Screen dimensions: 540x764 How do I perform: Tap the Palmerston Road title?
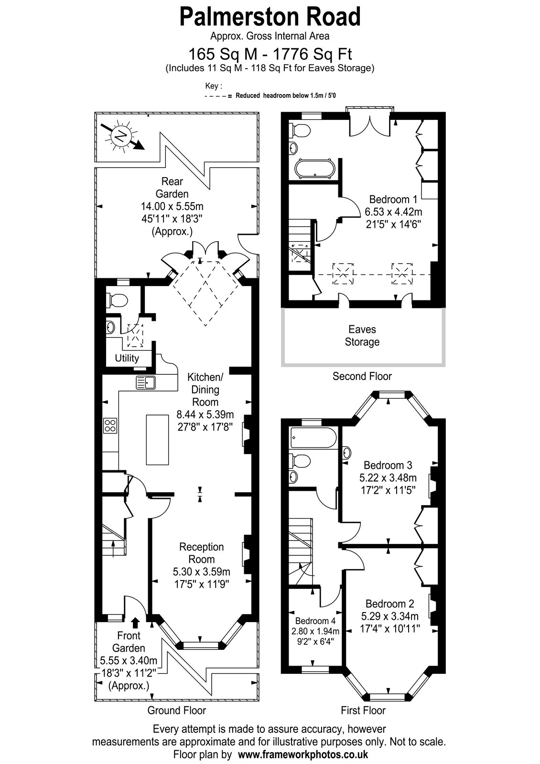(x=270, y=17)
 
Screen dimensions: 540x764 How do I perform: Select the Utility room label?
(x=127, y=358)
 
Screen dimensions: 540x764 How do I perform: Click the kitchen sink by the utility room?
(x=146, y=382)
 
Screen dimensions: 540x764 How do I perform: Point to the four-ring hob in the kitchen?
(x=110, y=425)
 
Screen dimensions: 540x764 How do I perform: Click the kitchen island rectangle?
(x=157, y=440)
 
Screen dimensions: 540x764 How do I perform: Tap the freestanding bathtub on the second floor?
(x=314, y=169)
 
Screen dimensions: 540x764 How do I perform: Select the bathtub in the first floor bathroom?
(x=313, y=437)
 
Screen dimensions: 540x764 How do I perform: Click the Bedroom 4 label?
(x=315, y=621)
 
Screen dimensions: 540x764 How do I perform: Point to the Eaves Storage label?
(x=362, y=336)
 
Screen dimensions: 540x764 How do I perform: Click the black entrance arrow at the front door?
(x=136, y=623)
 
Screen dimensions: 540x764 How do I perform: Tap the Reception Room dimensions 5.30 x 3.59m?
(x=201, y=571)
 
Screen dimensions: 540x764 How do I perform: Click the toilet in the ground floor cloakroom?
(x=117, y=300)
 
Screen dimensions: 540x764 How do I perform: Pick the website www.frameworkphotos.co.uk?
(x=303, y=754)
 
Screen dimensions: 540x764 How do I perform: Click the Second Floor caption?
(x=362, y=376)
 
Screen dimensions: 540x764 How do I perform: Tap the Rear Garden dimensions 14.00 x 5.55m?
(x=172, y=206)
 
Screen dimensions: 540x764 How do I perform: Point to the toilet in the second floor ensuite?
(x=300, y=130)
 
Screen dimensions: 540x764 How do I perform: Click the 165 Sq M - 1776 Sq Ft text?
(x=270, y=54)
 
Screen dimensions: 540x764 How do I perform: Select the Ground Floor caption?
(x=176, y=711)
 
